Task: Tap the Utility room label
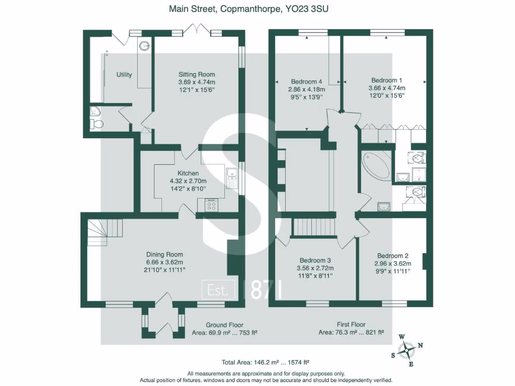[x=124, y=75]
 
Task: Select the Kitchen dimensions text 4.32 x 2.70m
[x=185, y=181]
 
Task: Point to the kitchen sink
[x=232, y=176]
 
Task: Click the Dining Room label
[x=164, y=254]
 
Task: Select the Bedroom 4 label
[x=306, y=82]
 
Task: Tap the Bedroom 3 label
[x=315, y=260]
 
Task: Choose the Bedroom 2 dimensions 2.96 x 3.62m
[x=393, y=263]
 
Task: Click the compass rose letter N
[x=420, y=345]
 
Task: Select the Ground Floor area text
[x=225, y=325]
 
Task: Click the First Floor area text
[x=351, y=325]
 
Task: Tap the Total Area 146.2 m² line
[x=265, y=362]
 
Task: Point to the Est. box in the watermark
[x=218, y=290]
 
